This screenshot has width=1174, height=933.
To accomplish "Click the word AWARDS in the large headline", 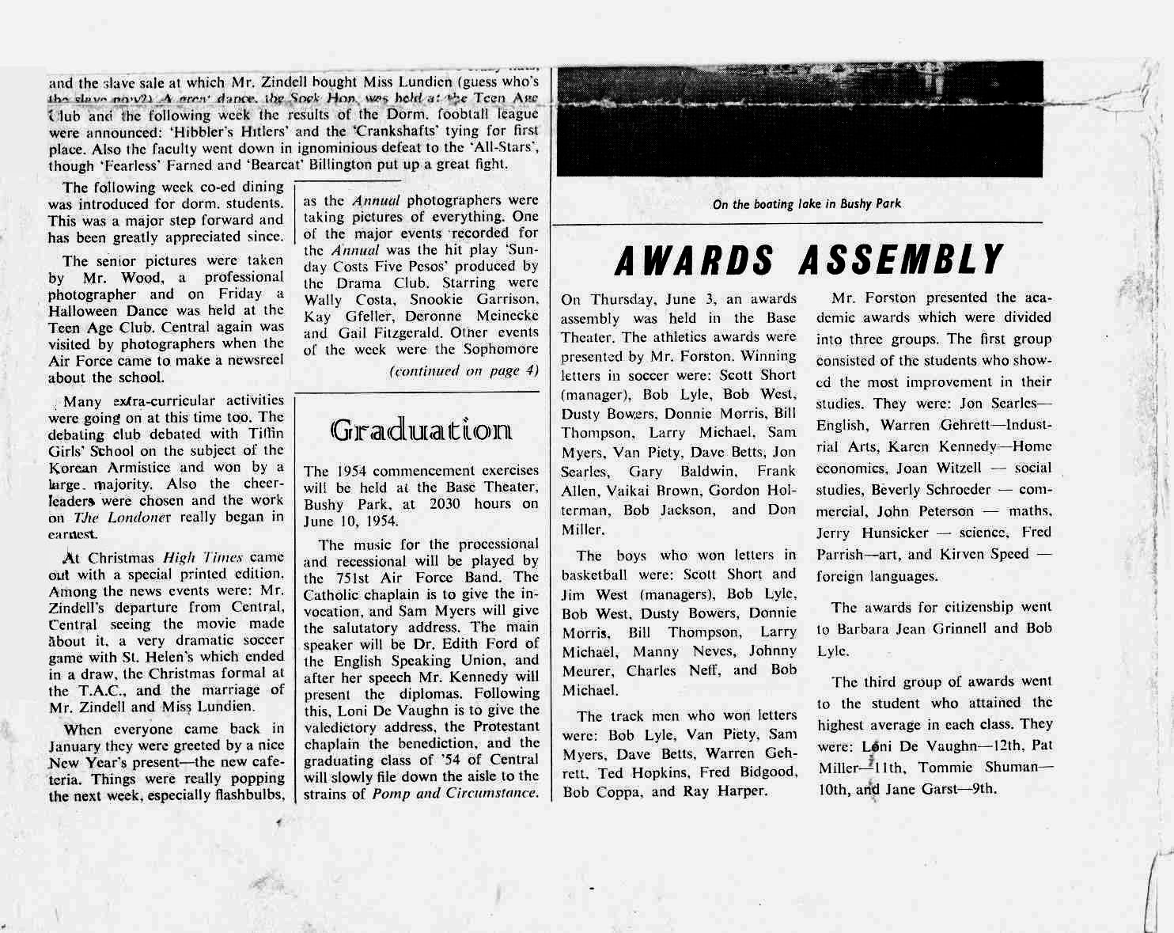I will [x=696, y=260].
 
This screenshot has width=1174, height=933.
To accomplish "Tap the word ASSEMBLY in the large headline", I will [x=901, y=260].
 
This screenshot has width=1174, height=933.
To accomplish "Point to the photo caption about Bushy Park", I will [x=806, y=204].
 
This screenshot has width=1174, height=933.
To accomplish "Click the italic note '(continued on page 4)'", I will [x=464, y=370].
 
